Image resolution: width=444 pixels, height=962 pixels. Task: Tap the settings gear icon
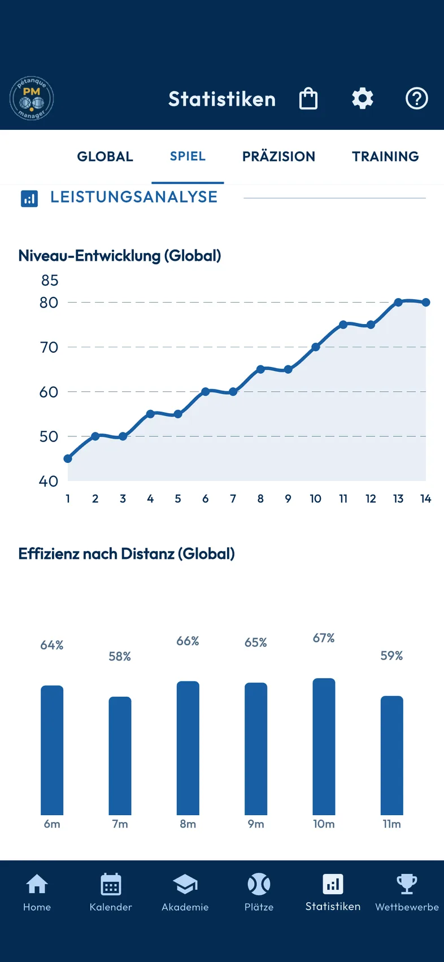pos(362,99)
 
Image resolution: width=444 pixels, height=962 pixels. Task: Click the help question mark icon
pos(416,99)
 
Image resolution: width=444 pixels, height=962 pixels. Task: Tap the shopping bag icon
pos(308,99)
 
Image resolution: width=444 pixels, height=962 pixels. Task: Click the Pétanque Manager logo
pos(32,98)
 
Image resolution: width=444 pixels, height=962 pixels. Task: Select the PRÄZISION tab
pos(278,156)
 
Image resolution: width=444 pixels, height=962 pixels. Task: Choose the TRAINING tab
pos(385,156)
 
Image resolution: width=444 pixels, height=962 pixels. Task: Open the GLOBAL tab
pos(105,156)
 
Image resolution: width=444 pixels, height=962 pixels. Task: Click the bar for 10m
pos(324,746)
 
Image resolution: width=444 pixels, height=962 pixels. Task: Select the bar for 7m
pos(120,756)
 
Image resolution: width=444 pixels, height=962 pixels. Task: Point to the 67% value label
pos(324,638)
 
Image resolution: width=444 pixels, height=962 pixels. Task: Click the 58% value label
pos(120,656)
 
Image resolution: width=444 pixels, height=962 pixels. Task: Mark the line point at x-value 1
pos(68,458)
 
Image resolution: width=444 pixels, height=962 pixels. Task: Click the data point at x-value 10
pos(315,347)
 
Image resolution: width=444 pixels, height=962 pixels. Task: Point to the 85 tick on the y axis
pos(50,281)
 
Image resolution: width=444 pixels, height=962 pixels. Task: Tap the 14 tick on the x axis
pos(425,499)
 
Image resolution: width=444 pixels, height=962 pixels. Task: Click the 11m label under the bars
pos(391,824)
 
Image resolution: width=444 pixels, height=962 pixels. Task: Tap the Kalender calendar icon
pos(111,884)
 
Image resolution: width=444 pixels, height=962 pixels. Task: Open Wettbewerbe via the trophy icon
pos(407,884)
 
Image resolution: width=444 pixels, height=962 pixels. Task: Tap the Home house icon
pos(37,884)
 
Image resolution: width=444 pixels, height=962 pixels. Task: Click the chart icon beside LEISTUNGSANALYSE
pos(29,199)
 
